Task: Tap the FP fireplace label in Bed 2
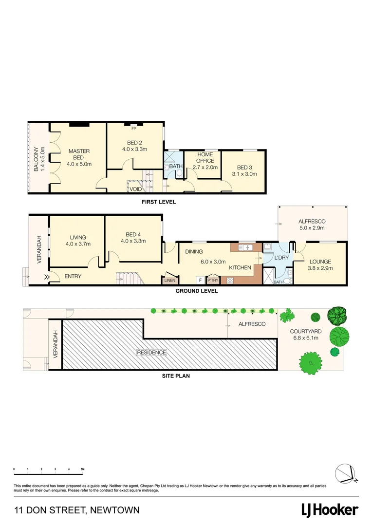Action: click(x=134, y=129)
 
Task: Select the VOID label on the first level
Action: click(x=135, y=188)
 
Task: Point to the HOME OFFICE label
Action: click(x=205, y=157)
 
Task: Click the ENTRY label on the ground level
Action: click(x=73, y=277)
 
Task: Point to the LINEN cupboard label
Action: click(x=169, y=281)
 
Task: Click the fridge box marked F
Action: click(x=200, y=281)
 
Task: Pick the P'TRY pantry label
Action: click(x=213, y=281)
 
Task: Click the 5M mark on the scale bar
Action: click(x=82, y=469)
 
